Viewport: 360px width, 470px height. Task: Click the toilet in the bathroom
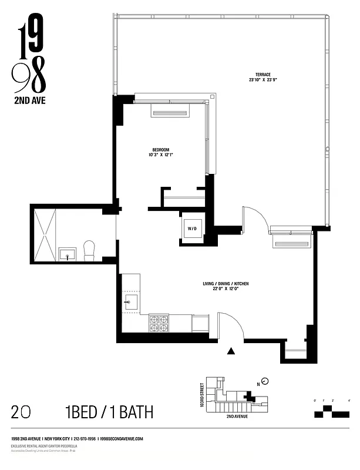(x=90, y=251)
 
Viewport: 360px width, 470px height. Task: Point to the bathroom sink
(x=67, y=254)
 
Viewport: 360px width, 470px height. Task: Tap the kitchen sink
(x=130, y=304)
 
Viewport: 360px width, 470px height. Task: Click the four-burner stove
(x=159, y=321)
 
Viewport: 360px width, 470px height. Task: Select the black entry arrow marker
(x=231, y=351)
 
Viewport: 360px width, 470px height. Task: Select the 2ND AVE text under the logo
(x=29, y=100)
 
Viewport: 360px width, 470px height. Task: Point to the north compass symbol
(x=265, y=381)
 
